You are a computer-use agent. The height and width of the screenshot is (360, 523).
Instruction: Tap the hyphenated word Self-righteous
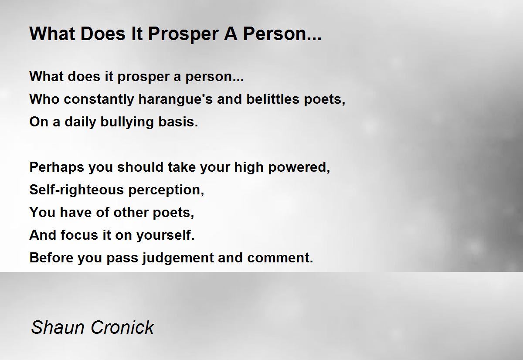71,190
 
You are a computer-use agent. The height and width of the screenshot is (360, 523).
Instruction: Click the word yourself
165,235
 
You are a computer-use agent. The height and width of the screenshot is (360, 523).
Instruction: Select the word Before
52,258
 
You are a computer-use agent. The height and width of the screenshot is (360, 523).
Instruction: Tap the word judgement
178,258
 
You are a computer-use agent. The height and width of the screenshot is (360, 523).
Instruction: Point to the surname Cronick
118,327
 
